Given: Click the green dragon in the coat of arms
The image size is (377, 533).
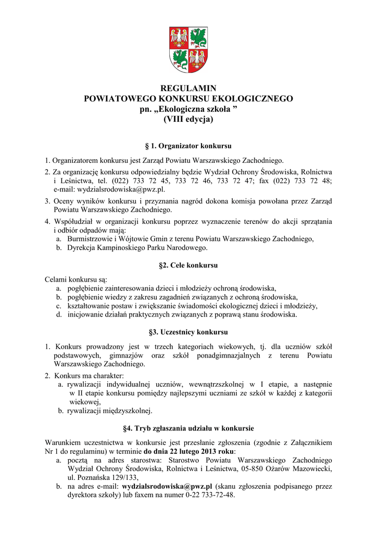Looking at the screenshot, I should point(180,59).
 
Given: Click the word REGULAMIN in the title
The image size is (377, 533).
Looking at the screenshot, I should point(188,88).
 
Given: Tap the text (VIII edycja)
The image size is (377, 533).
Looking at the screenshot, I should point(188,119).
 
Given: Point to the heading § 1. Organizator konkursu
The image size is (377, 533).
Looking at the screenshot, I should point(188,146).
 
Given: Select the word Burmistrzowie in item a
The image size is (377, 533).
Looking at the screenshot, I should point(89,239).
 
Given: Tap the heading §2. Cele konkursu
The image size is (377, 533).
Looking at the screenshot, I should point(188,265).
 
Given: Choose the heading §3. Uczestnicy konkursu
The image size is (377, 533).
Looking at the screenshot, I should point(188,332).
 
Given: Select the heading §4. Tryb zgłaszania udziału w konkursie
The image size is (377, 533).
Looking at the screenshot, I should point(188,428).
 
